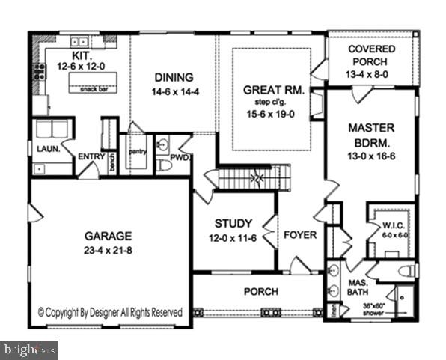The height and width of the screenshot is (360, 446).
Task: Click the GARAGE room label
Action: tap(108, 234)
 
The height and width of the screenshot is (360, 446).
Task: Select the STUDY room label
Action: tap(233, 223)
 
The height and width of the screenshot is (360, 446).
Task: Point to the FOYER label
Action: tap(299, 234)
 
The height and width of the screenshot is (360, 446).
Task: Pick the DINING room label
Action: tap(174, 76)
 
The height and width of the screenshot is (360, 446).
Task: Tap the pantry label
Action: tap(137, 151)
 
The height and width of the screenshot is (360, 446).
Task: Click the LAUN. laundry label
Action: tap(48, 149)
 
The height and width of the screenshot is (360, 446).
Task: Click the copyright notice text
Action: tap(110, 311)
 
